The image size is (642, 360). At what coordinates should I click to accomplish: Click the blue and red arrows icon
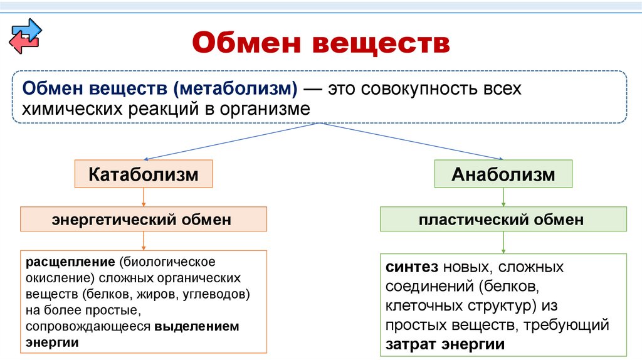coord(24,36)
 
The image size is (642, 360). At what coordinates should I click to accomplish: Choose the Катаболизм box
coord(144,174)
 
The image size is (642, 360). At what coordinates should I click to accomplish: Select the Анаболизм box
coord(503,174)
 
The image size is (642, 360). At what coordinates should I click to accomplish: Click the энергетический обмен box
coord(144,220)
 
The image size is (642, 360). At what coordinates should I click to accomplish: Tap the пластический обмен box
coord(503,220)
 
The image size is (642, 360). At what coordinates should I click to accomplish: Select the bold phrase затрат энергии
coord(446,345)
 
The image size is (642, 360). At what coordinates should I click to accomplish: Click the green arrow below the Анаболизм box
coord(504,198)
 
